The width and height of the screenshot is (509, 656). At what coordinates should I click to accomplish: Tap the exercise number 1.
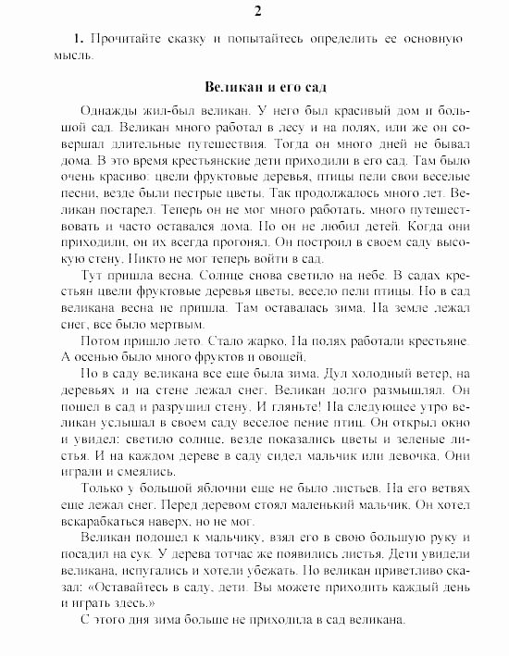[79, 41]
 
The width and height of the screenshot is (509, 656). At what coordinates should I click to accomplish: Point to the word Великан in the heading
[229, 87]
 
